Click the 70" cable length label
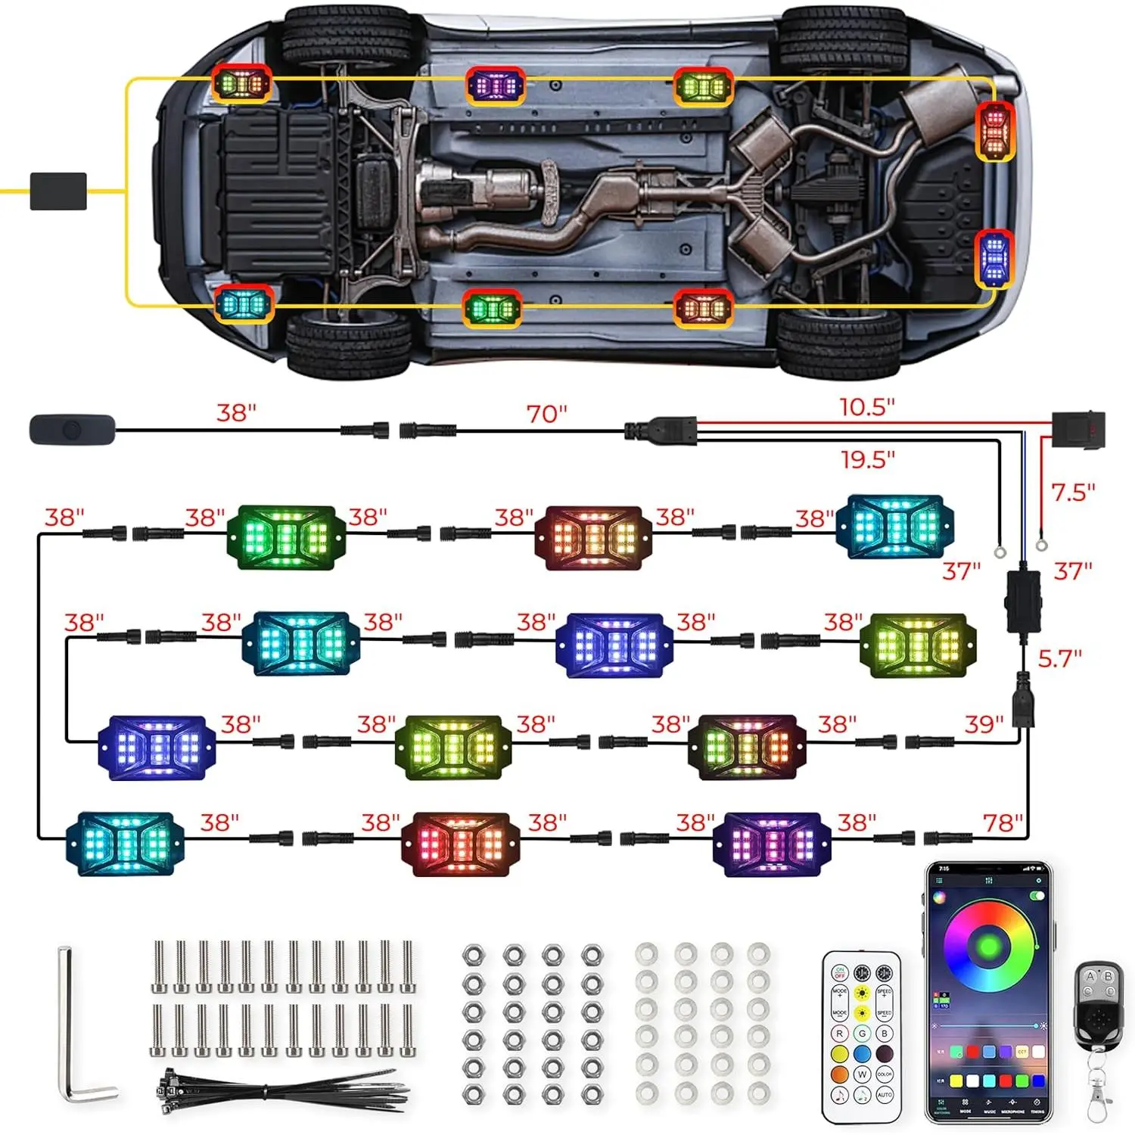(x=546, y=413)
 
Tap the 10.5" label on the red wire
(x=867, y=407)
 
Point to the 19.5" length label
(x=868, y=459)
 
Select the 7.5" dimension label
(x=1073, y=493)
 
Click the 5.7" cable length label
(x=1059, y=658)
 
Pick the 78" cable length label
(x=1003, y=822)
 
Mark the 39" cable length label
(x=984, y=724)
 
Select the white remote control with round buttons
(x=862, y=1037)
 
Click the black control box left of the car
(x=58, y=191)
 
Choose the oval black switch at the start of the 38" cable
(x=72, y=430)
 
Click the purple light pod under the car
(x=496, y=86)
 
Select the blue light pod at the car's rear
(x=994, y=258)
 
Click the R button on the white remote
(x=839, y=1034)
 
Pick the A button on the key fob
(x=1090, y=976)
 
